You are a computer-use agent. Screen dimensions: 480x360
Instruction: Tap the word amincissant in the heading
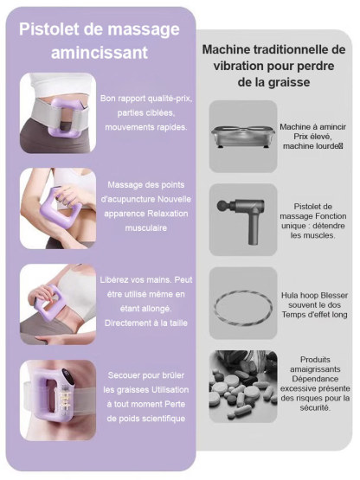pyautogui.click(x=99, y=53)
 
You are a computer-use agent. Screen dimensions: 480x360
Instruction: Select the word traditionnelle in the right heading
pyautogui.click(x=287, y=49)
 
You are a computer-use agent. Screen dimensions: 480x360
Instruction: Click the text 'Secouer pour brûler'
pyautogui.click(x=143, y=377)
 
